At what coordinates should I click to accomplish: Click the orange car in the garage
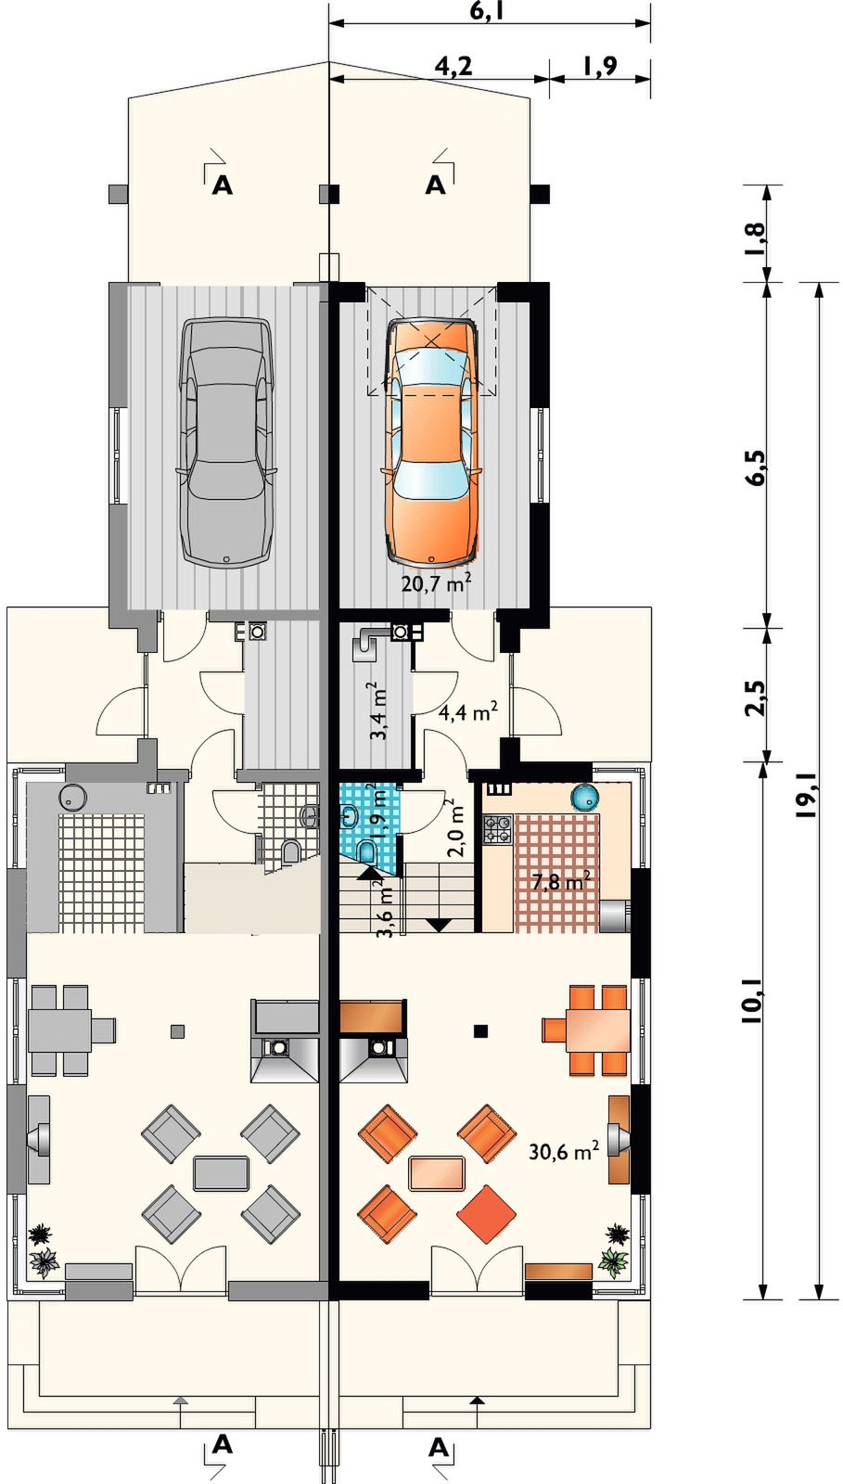pyautogui.click(x=431, y=441)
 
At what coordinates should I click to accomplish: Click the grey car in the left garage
pyautogui.click(x=226, y=441)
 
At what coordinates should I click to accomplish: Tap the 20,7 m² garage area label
pyautogui.click(x=437, y=582)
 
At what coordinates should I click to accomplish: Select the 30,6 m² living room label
pyautogui.click(x=564, y=1151)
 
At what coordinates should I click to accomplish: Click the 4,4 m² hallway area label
pyautogui.click(x=467, y=712)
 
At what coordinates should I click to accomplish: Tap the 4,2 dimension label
pyautogui.click(x=453, y=66)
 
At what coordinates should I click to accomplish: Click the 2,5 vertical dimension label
pyautogui.click(x=755, y=697)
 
